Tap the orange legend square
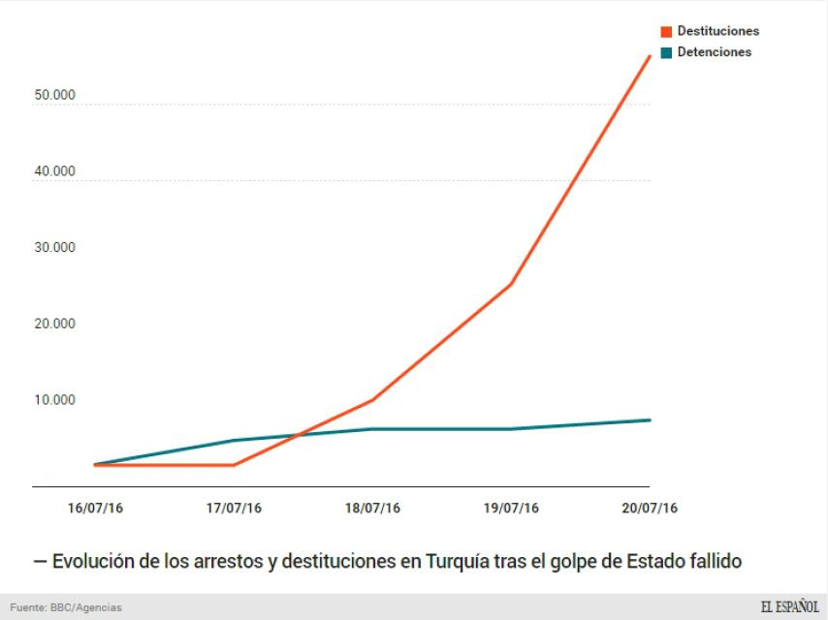(667, 32)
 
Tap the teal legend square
(667, 52)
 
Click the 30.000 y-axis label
(53, 247)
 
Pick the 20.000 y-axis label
(53, 324)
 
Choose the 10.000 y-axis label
(53, 399)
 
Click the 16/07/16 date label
(95, 508)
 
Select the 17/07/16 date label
(234, 508)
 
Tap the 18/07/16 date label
(372, 508)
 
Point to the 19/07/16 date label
(511, 508)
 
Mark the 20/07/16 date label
(650, 508)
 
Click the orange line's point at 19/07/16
(511, 285)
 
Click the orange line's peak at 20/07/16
(650, 56)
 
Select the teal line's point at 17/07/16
(234, 441)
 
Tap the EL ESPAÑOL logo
(789, 606)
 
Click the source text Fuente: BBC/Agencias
(66, 607)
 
